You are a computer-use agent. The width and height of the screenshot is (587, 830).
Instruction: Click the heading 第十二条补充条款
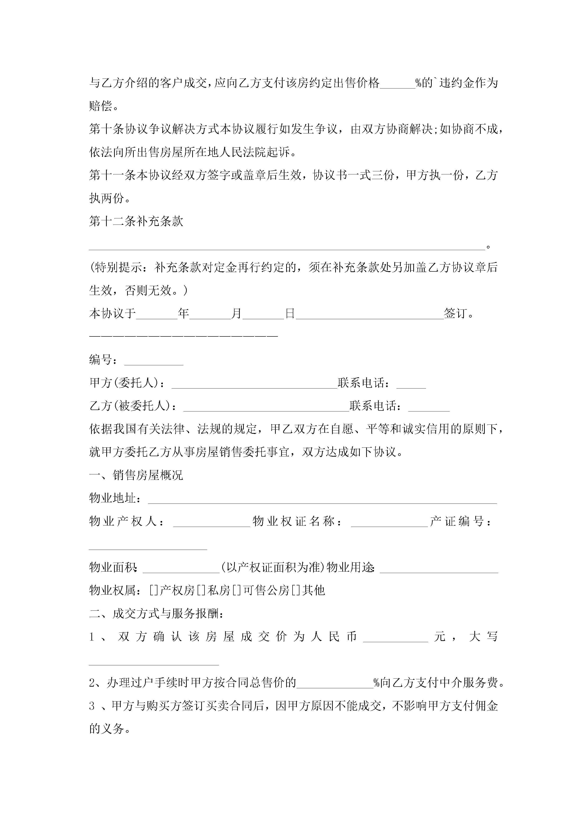coord(136,221)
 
